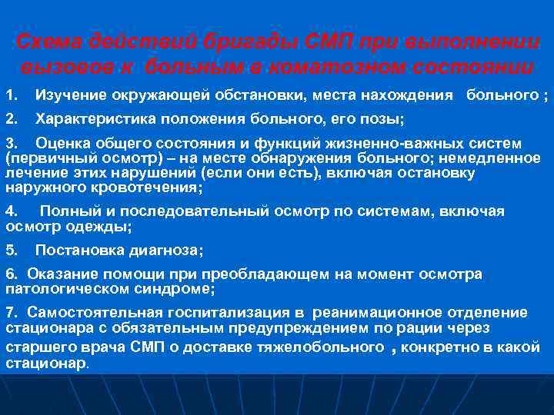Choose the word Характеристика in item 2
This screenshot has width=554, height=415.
(86, 119)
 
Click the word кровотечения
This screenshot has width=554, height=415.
(152, 187)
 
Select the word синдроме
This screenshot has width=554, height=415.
(178, 289)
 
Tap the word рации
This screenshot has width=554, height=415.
(429, 328)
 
